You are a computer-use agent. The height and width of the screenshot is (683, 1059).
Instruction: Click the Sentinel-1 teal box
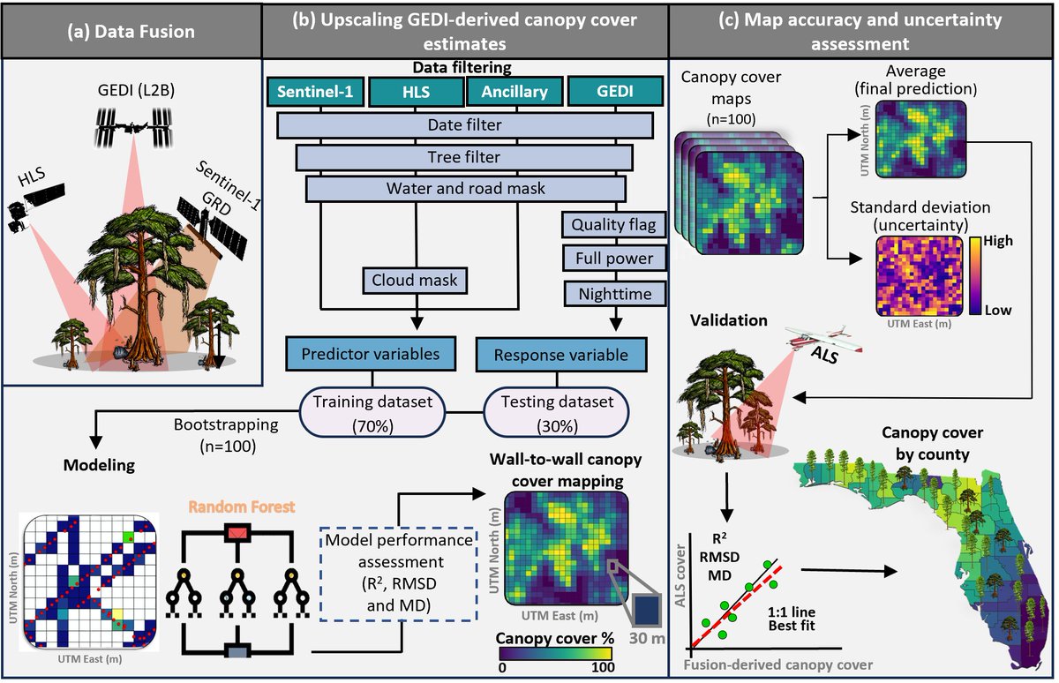(315, 92)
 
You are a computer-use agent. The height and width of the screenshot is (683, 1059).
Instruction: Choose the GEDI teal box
(612, 92)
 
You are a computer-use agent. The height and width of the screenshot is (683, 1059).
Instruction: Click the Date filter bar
(464, 125)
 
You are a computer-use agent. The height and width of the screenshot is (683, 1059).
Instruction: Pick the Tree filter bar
(464, 157)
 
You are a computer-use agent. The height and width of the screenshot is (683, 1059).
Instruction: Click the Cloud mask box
(414, 281)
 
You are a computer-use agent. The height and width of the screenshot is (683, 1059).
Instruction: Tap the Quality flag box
(612, 225)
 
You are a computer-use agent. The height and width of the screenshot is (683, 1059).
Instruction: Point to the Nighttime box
(612, 293)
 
